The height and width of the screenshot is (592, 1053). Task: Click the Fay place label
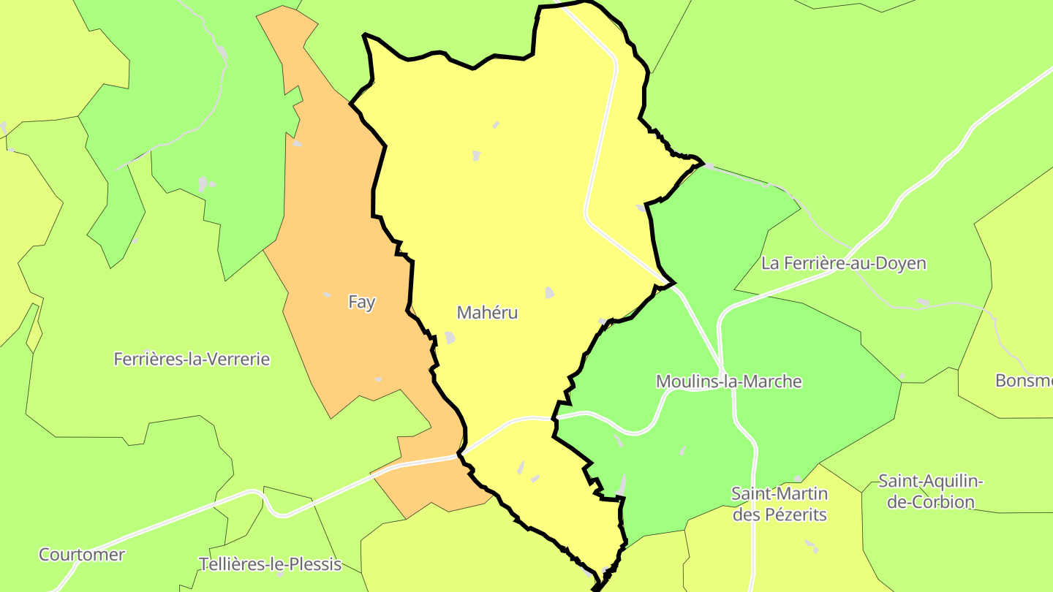tap(361, 302)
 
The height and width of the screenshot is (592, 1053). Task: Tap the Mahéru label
tap(487, 313)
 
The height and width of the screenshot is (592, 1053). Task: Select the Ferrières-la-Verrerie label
tap(192, 359)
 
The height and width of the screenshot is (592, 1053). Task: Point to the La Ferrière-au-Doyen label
tap(843, 263)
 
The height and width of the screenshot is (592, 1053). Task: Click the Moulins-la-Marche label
tap(728, 382)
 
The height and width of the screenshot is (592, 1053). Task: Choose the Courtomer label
tap(82, 555)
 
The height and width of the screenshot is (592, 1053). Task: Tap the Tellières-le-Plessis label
tap(270, 564)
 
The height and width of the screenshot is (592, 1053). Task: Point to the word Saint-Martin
tap(780, 493)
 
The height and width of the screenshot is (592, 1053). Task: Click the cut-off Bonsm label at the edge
tap(1024, 381)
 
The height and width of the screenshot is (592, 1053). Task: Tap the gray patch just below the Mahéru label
tap(450, 338)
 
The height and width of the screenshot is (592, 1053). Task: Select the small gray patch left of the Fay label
tap(327, 295)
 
